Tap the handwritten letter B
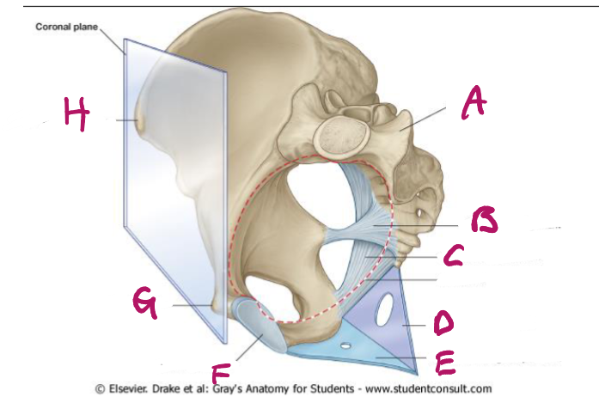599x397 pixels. [483, 220]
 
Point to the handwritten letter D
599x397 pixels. [443, 323]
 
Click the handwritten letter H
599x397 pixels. [76, 115]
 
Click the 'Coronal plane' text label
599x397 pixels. [67, 27]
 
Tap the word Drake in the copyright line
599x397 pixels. [177, 388]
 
